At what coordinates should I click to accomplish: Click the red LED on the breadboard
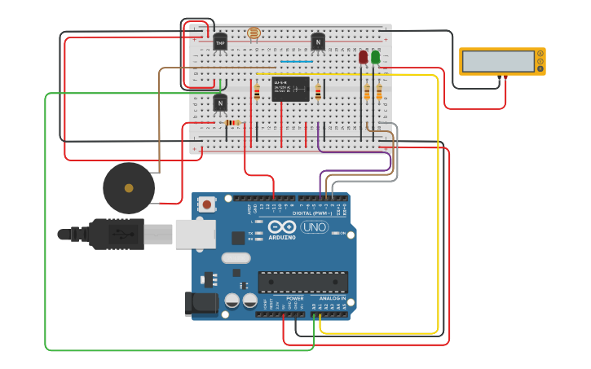point(363,57)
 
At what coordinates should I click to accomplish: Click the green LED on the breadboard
point(375,57)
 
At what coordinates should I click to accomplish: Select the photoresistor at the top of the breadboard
point(254,34)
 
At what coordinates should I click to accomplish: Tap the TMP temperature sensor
point(220,42)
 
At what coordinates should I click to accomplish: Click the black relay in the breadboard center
point(290,89)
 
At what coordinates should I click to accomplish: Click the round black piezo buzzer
point(129,188)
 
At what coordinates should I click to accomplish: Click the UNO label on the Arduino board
point(314,227)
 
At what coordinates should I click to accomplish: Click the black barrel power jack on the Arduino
point(201,303)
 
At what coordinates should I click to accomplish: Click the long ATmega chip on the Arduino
point(303,282)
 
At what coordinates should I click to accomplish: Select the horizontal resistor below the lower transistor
point(232,123)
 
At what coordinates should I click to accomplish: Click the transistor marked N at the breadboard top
point(318,42)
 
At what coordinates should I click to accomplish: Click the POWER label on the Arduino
point(294,299)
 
